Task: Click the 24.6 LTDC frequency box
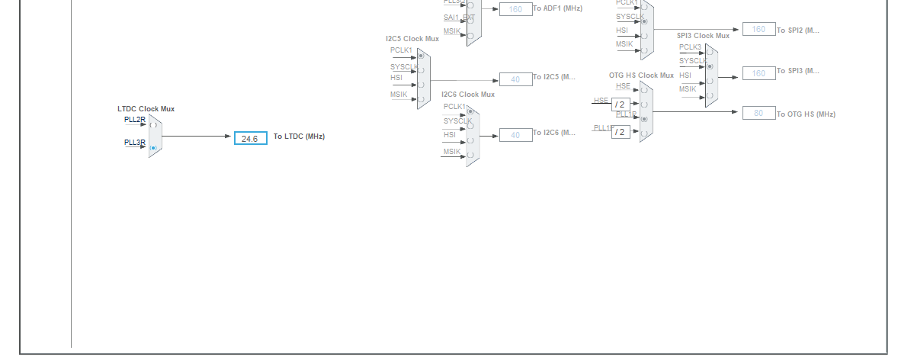pos(250,138)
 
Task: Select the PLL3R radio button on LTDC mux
pos(153,148)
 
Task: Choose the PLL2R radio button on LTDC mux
pos(153,124)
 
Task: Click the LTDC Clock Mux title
pos(146,109)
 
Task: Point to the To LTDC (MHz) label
pos(299,137)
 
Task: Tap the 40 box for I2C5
pos(515,79)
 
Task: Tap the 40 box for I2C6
pos(515,135)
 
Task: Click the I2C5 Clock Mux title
pos(412,38)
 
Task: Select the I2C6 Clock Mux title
pos(467,95)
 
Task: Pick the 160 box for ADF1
pos(515,9)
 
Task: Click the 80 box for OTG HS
pos(758,113)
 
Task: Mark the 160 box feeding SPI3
pos(758,73)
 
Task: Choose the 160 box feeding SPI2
pos(758,29)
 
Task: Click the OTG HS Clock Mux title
pos(641,76)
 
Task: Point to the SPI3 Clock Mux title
pos(703,36)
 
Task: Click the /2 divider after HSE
pos(620,104)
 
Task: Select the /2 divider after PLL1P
pos(620,132)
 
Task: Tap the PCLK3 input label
pos(690,47)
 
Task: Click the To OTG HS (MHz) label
pos(806,114)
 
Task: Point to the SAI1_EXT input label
pos(458,17)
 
